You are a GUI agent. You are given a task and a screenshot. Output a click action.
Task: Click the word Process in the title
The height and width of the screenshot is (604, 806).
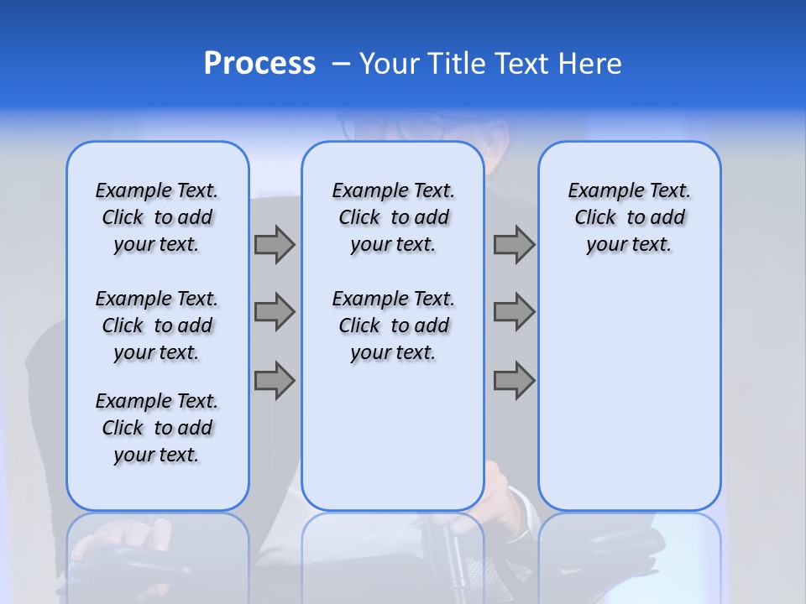click(x=259, y=64)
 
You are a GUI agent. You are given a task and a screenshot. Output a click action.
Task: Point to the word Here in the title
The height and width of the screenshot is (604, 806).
click(x=588, y=64)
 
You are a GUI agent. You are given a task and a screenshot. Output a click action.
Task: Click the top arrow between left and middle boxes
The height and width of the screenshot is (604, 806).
click(x=275, y=244)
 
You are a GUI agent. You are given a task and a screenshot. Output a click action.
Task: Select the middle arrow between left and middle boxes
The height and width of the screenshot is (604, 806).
click(x=275, y=312)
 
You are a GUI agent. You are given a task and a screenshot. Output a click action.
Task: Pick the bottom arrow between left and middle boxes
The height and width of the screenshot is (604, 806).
click(x=275, y=380)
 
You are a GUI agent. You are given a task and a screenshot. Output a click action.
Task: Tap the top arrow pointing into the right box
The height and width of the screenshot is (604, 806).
click(x=514, y=244)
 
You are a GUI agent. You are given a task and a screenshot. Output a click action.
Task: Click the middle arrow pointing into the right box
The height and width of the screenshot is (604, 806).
click(x=514, y=312)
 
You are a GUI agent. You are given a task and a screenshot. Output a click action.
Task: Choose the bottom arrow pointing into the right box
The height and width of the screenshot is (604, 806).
click(x=514, y=380)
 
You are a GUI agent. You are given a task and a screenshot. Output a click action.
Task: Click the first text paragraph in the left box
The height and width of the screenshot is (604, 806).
click(x=157, y=217)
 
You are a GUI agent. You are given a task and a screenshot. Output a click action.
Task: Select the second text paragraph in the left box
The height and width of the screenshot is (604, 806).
click(x=157, y=325)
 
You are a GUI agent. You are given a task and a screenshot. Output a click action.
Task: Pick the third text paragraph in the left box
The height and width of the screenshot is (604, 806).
click(x=157, y=428)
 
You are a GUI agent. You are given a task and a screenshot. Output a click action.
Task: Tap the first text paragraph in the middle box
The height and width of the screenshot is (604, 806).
click(x=393, y=217)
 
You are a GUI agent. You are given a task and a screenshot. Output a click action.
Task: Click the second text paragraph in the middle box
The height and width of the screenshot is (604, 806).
click(x=393, y=325)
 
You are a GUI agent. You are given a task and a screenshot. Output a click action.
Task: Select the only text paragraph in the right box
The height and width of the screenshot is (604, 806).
click(x=629, y=217)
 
